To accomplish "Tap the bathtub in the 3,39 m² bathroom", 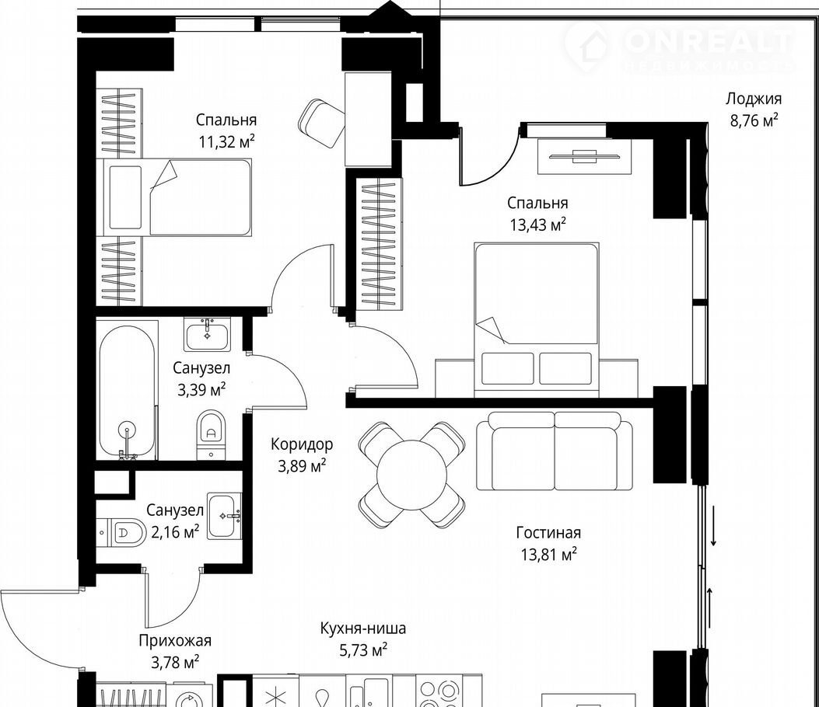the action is coord(127,392).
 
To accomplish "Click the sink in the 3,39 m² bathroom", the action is coord(208,334).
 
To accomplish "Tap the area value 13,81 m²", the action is coord(548,554).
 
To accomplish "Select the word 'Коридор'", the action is coord(301,444).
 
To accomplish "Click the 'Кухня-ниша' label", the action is coord(363,629).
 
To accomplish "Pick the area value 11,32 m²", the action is coord(226,141).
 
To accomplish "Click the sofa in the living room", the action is coord(555,451).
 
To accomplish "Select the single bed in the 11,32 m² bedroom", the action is coord(177,197).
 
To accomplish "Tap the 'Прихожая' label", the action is coord(175,641).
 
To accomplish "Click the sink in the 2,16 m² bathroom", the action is coord(224,516).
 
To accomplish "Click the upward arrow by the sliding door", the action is coord(709,608).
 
